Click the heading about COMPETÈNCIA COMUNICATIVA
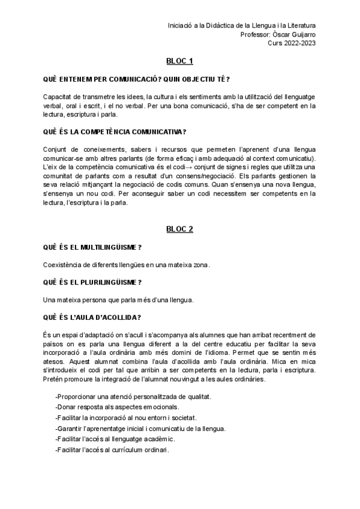pos(115,131)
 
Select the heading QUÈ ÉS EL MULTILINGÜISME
pos(92,247)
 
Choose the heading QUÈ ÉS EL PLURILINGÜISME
pos(92,282)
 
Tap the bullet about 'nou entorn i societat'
pos(125,418)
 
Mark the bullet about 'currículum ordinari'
pos(112,450)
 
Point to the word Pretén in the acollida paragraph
pos(54,379)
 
